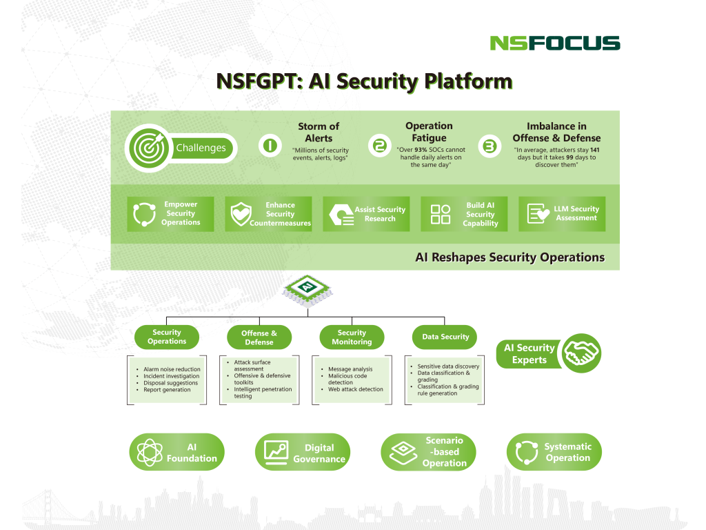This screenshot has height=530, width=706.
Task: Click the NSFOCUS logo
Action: [x=555, y=43]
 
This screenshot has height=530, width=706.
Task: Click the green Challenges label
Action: [x=201, y=148]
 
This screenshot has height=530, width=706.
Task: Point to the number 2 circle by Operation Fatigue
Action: [x=379, y=146]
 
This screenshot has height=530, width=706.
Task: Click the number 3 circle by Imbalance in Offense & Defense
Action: [x=489, y=146]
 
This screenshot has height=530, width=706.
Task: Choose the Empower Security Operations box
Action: [x=170, y=214]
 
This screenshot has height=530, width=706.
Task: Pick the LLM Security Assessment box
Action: [x=561, y=214]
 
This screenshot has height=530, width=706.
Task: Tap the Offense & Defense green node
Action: [x=259, y=337]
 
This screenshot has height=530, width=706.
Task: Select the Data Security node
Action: [x=445, y=337]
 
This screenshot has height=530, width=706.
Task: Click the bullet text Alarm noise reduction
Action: [x=172, y=369]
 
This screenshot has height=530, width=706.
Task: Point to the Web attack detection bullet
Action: [x=356, y=389]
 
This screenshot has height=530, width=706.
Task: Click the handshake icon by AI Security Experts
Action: [x=581, y=353]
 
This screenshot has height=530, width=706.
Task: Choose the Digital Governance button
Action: [x=303, y=453]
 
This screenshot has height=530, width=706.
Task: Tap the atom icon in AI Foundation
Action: [x=150, y=453]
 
